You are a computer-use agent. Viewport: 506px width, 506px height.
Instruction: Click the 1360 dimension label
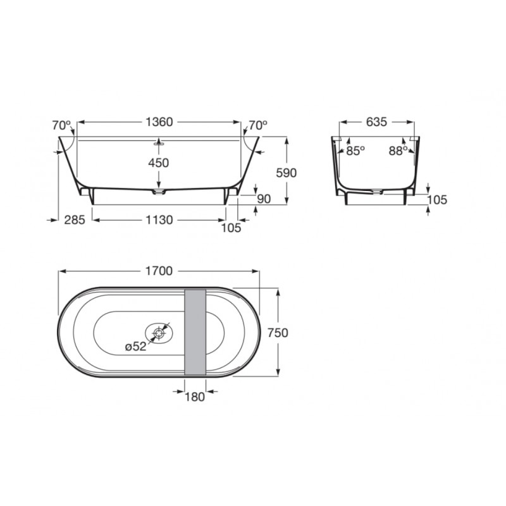[x=159, y=122]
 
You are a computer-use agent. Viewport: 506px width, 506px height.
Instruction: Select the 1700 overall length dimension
[x=159, y=271]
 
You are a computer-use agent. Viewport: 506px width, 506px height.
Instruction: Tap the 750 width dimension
[x=278, y=333]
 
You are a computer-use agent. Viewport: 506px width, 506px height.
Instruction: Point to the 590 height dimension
[x=287, y=173]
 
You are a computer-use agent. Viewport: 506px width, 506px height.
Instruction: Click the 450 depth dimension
[x=159, y=163]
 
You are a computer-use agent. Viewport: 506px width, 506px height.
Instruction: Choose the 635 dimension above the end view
[x=376, y=122]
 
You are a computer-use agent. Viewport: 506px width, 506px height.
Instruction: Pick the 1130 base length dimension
[x=159, y=220]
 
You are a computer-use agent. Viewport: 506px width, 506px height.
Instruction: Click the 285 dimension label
[x=75, y=220]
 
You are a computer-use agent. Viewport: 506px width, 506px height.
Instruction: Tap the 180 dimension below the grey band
[x=195, y=397]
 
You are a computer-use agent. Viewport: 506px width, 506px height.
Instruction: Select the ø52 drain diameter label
[x=136, y=347]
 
